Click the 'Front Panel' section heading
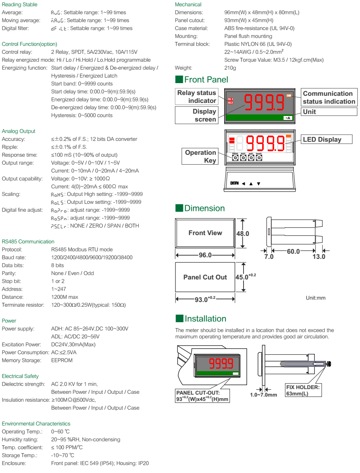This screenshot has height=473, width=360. [206, 80]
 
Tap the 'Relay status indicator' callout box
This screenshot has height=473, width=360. [196, 97]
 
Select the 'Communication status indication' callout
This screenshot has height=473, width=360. [329, 97]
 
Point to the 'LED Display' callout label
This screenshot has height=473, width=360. [321, 139]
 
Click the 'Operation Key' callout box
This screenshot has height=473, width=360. [200, 156]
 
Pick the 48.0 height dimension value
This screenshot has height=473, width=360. [242, 234]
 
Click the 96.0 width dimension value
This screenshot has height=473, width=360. [205, 255]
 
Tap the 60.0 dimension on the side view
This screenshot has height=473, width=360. [293, 252]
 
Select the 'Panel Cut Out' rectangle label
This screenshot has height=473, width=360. [205, 277]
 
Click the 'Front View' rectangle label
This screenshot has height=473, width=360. [205, 233]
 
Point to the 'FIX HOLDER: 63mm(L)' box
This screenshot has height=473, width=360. [303, 390]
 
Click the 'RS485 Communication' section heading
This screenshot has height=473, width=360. [28, 241]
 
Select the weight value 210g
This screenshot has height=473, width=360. [230, 68]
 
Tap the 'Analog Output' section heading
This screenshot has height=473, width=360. [19, 131]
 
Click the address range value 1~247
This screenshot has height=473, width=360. [59, 289]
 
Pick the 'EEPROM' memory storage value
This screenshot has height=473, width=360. [62, 360]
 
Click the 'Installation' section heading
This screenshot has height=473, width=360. [205, 319]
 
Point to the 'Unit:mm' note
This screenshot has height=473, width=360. [316, 298]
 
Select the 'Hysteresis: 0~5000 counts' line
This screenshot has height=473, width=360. [82, 115]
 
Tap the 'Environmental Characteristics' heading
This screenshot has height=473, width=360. [36, 424]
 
